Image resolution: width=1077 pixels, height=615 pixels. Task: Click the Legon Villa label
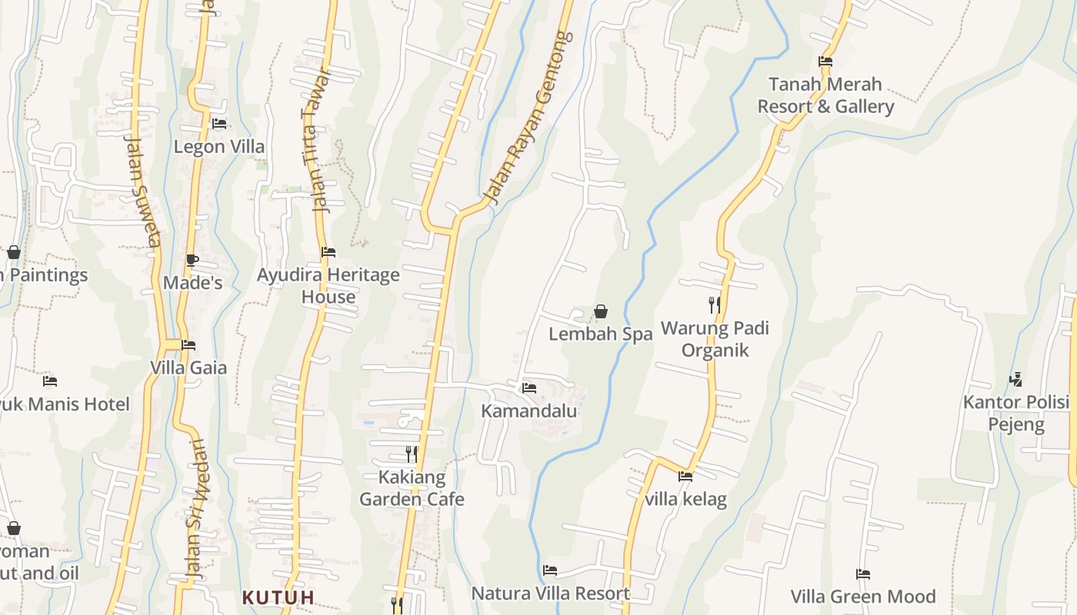click(x=218, y=146)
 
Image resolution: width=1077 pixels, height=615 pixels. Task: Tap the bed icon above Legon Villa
click(x=219, y=123)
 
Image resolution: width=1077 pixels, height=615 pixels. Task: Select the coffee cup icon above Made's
click(x=192, y=261)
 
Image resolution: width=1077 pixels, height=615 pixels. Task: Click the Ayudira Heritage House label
click(x=328, y=285)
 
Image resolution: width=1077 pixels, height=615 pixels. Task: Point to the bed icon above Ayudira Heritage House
click(x=328, y=251)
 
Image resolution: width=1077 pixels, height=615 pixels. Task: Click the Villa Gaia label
click(x=188, y=367)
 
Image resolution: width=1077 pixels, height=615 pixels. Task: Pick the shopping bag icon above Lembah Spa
click(x=601, y=311)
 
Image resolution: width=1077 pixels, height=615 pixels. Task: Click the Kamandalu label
click(x=528, y=411)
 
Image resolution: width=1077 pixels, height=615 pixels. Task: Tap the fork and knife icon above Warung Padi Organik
click(x=715, y=304)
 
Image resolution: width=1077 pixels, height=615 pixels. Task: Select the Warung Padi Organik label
click(x=715, y=339)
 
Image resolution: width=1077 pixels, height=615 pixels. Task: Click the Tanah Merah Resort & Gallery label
click(x=825, y=95)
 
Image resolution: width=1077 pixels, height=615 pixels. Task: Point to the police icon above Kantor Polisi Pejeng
click(x=1016, y=379)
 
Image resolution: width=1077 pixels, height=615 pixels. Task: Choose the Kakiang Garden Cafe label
click(x=412, y=488)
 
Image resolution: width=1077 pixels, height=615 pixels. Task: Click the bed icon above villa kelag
click(x=685, y=477)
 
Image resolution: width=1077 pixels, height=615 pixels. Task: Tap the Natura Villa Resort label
click(x=550, y=593)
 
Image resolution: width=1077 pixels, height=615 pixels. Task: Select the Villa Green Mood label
click(x=863, y=597)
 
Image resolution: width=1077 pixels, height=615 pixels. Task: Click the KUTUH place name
click(x=278, y=597)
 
